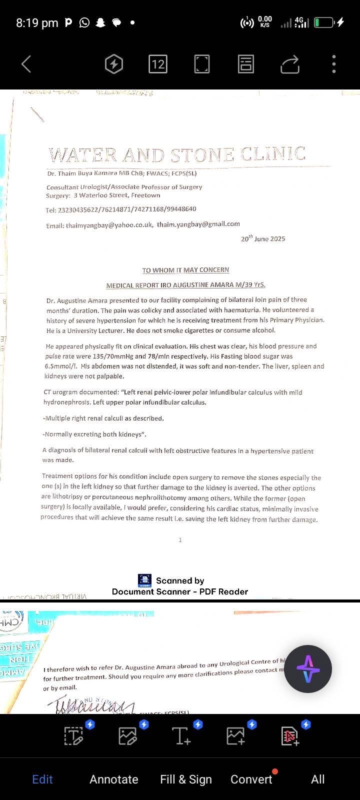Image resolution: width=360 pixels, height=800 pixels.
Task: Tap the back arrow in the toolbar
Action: (26, 64)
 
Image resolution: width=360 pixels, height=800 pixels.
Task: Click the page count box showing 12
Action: (157, 64)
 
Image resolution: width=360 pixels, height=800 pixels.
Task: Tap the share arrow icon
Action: (290, 64)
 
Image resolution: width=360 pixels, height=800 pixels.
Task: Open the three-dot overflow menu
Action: (334, 64)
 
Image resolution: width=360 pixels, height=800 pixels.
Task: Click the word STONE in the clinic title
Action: (202, 155)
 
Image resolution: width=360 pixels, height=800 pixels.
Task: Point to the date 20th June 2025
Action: (263, 238)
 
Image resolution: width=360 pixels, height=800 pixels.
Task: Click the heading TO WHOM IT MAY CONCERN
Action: (185, 270)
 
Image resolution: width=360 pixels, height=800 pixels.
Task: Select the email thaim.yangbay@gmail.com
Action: (198, 224)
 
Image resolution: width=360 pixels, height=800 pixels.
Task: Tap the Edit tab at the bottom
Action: (42, 779)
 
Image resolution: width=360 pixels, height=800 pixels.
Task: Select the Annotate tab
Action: (114, 779)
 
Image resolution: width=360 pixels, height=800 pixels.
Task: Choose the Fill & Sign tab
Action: (186, 779)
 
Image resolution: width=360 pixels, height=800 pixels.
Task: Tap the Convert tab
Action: (251, 779)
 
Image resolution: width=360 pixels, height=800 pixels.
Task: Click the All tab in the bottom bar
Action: (318, 779)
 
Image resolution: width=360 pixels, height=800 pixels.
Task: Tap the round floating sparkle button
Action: (308, 669)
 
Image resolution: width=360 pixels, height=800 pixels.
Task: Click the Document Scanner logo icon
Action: (145, 580)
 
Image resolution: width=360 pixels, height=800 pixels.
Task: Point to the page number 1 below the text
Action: (180, 540)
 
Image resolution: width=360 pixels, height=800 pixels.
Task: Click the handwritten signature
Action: (90, 706)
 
